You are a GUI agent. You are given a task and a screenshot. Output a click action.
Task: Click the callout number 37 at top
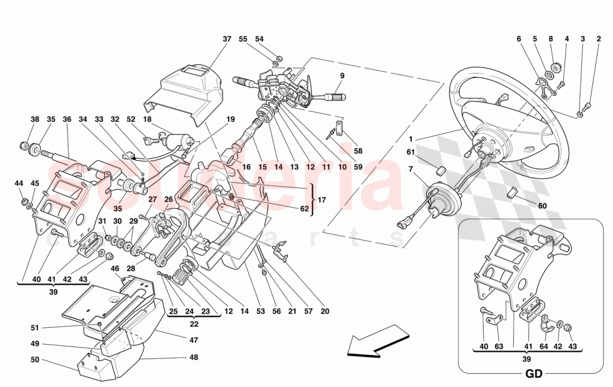click(226, 39)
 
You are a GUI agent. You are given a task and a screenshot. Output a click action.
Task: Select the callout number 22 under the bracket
click(193, 323)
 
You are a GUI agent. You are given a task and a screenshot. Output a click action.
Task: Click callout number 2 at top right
click(599, 39)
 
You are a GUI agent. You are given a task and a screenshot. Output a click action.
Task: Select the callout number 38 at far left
click(35, 119)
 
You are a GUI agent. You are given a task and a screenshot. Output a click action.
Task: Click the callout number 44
click(19, 183)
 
